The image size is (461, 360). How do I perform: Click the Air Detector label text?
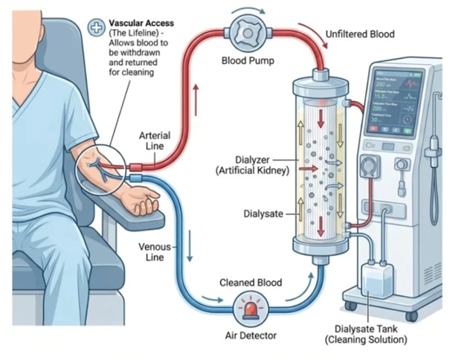[x=251, y=335]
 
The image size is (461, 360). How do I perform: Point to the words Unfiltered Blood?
[x=360, y=34]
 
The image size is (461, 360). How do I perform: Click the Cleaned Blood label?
[x=250, y=283]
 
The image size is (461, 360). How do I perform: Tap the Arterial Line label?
[x=155, y=141]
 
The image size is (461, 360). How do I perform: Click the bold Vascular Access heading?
[x=138, y=24]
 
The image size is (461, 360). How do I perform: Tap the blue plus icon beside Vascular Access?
[x=96, y=28]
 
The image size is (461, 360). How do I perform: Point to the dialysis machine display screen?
[x=399, y=100]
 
